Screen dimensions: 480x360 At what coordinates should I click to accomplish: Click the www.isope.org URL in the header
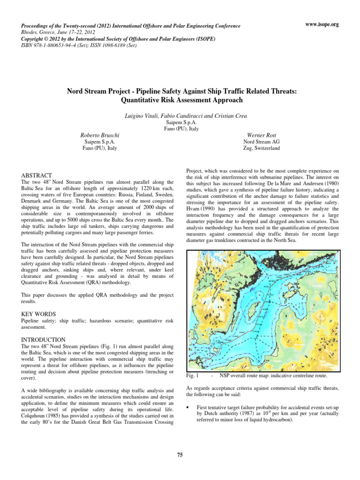point(322,23)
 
